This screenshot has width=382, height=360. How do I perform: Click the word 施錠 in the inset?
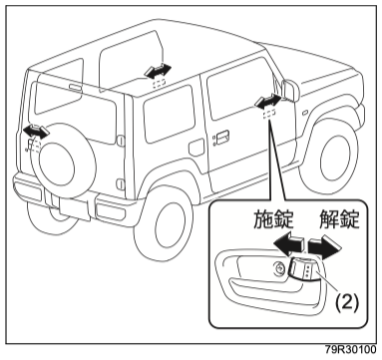point(273,219)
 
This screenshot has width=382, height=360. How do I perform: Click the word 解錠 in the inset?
point(339,219)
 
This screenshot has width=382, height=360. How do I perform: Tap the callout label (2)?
point(347,302)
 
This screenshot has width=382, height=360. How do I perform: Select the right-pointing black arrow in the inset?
point(325,246)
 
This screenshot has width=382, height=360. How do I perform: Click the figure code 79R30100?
point(351,350)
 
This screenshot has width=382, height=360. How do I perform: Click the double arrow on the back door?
point(36,131)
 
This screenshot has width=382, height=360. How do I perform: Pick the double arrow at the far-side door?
point(159,71)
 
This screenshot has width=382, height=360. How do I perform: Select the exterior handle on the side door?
point(220,137)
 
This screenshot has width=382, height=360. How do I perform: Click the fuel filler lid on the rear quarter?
point(195,148)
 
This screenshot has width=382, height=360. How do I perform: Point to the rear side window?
point(169,114)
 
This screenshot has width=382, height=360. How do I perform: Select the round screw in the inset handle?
point(278,268)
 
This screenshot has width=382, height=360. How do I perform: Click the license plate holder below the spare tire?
point(75,208)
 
